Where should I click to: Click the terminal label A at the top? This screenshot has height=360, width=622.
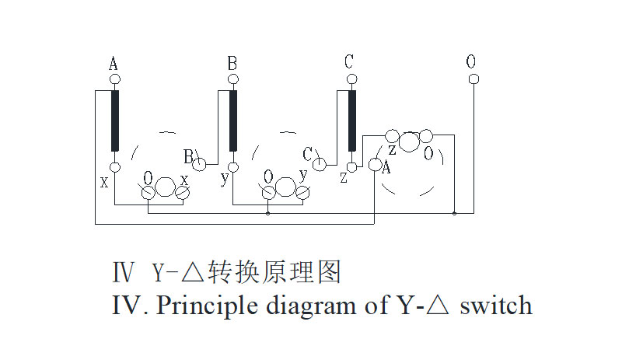114,64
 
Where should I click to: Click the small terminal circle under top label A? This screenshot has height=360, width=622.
114,79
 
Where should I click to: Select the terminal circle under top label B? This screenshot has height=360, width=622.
232,79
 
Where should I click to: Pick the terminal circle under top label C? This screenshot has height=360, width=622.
351,79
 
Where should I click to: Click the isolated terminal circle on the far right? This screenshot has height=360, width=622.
473,79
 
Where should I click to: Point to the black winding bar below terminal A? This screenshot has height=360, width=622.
115,121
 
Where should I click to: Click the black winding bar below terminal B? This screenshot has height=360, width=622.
232,121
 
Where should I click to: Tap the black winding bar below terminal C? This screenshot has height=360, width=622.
352,121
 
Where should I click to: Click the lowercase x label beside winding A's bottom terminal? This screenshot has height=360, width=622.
104,181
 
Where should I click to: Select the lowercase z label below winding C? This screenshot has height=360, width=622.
344,178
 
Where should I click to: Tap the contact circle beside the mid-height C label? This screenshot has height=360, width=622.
320,164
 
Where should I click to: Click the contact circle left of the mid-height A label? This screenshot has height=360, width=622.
375,165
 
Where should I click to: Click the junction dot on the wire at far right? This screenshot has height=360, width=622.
455,212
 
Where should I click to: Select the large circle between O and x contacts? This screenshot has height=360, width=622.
166,187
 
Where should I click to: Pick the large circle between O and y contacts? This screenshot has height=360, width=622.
286,187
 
